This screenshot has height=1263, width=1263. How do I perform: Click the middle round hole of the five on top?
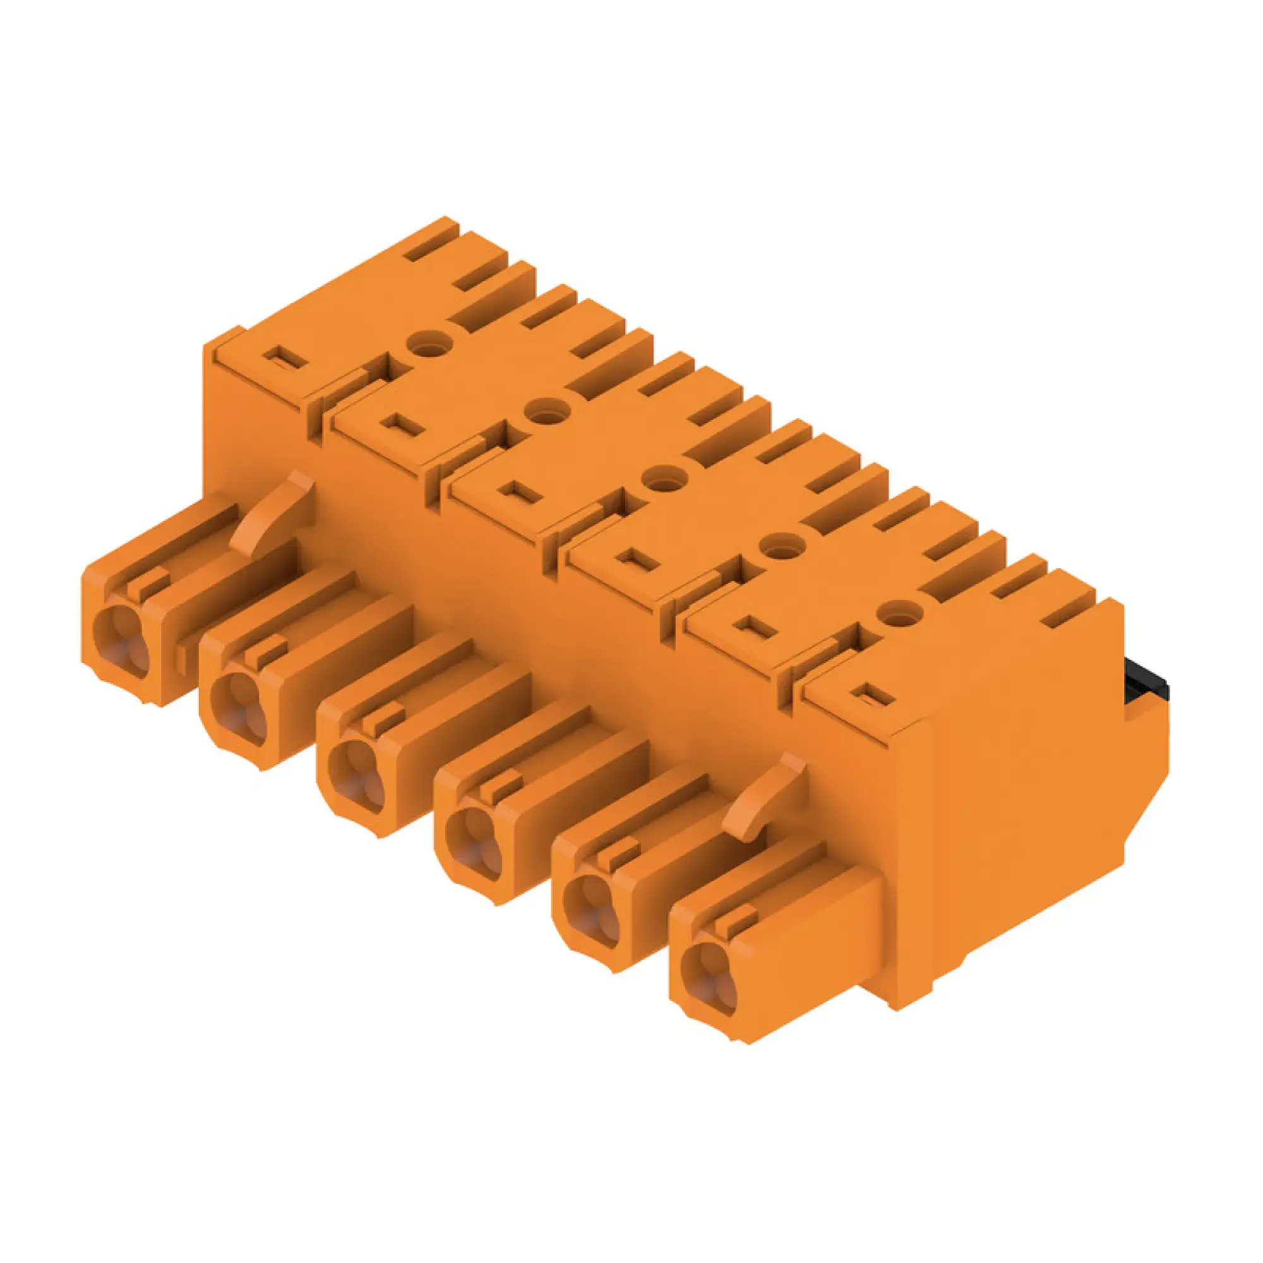662,479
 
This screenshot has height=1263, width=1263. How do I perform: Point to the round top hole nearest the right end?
899,613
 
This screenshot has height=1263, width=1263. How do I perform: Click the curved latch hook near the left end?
275,510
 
